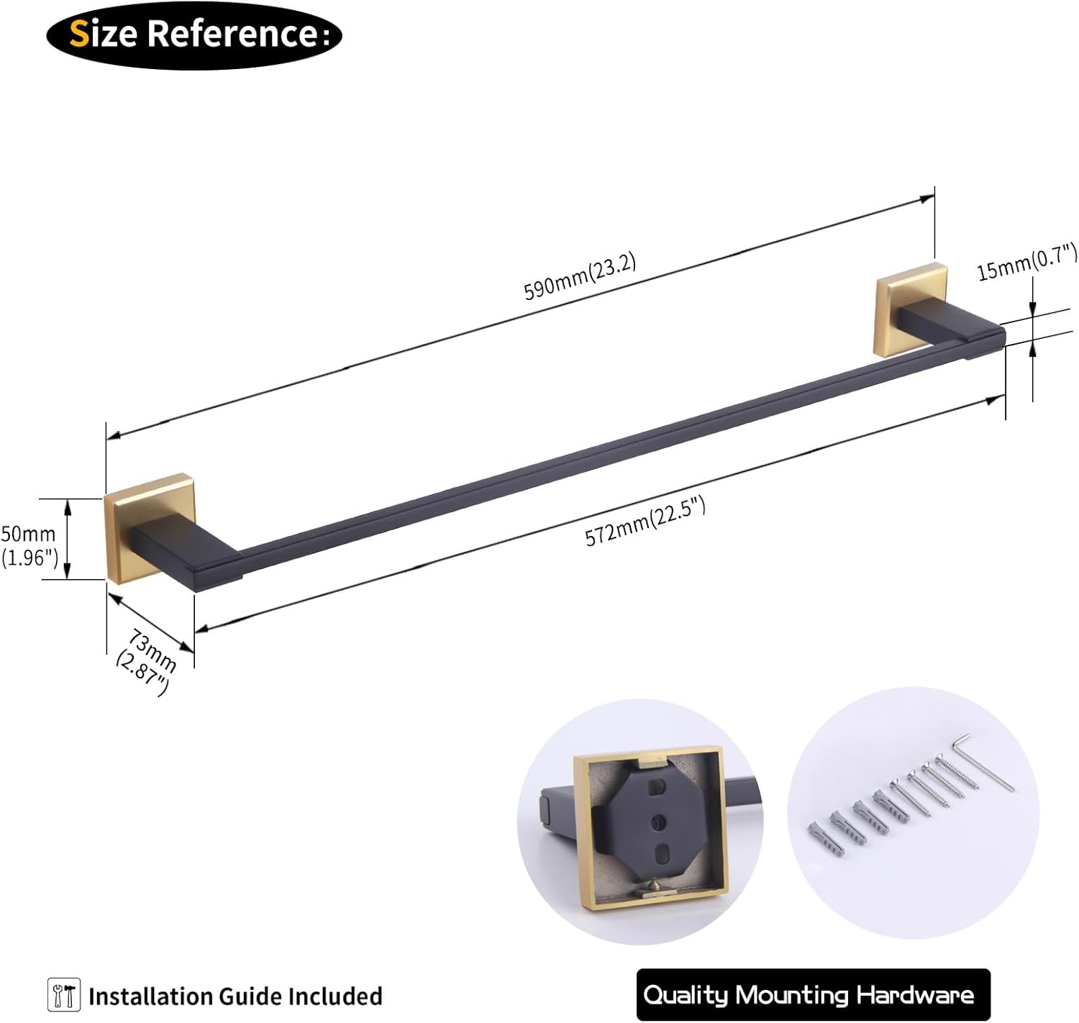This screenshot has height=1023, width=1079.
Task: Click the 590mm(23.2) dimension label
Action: pos(580,277)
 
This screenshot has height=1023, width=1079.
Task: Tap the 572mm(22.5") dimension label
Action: pos(645,522)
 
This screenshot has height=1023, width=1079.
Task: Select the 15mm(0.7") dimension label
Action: pos(1026,261)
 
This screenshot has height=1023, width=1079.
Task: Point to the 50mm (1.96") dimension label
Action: pos(29,545)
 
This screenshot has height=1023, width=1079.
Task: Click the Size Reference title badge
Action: pos(194,35)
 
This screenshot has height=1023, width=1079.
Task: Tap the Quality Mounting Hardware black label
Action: pos(813,994)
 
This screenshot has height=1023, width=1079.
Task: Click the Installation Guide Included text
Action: pos(235,996)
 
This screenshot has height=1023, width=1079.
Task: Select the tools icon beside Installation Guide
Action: pos(63,996)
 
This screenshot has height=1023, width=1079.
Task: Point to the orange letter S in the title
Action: pos(79,34)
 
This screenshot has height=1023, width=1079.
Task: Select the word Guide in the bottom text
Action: pos(250,996)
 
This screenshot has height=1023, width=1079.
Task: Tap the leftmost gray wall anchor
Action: pos(826,838)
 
